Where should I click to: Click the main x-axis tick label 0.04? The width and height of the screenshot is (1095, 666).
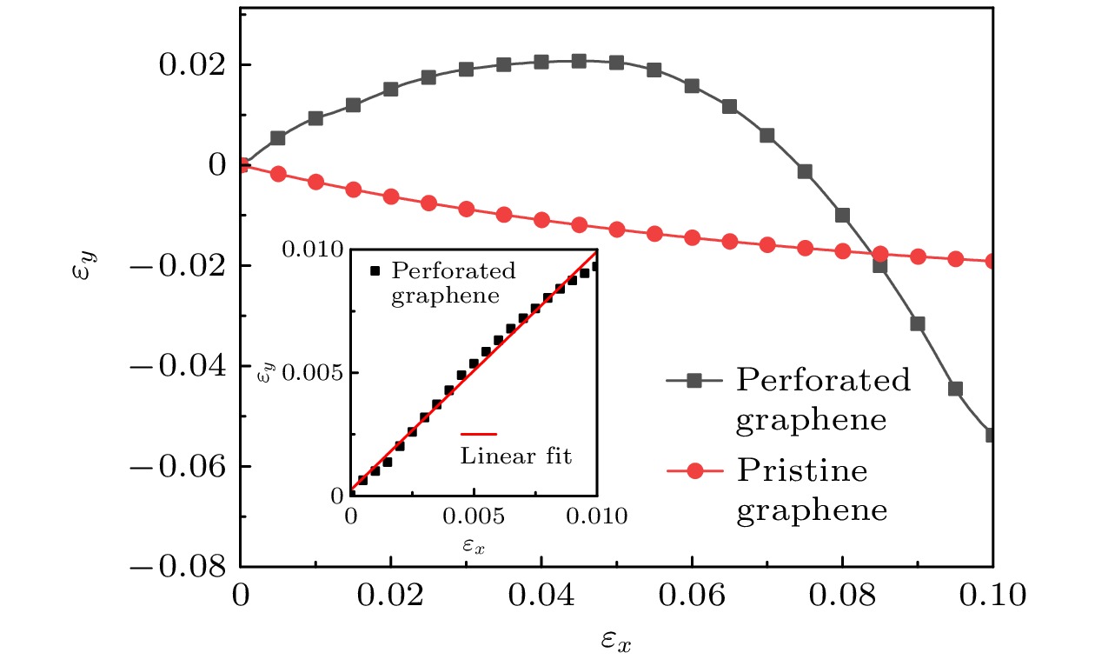click(541, 597)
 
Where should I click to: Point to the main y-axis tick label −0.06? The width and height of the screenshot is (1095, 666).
click(181, 467)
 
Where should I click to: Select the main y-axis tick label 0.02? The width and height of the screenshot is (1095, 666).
click(192, 65)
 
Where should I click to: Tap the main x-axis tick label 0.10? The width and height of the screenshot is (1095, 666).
click(992, 597)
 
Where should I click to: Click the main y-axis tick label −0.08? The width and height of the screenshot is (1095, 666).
click(181, 567)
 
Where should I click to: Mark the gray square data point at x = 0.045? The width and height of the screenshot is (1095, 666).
click(579, 61)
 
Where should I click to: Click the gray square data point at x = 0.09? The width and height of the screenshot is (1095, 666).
click(918, 323)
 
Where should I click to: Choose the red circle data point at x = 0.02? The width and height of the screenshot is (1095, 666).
click(391, 196)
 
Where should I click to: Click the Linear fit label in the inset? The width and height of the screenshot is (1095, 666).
click(516, 456)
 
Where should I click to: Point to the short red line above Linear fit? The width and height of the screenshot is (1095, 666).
click(479, 433)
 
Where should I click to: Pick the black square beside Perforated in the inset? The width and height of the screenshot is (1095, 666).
click(375, 270)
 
